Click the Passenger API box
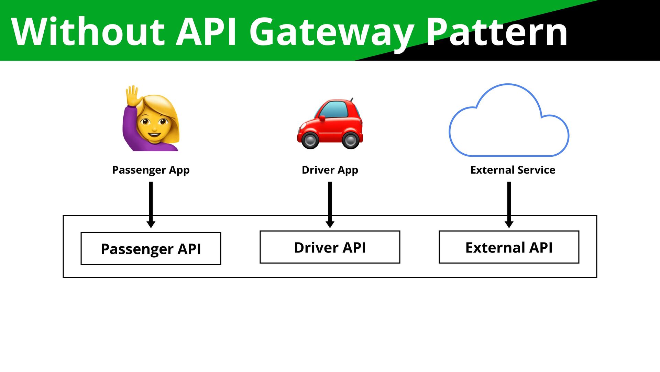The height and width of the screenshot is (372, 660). click(x=151, y=248)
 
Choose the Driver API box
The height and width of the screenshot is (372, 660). click(x=330, y=247)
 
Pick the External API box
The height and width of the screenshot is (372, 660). click(x=509, y=247)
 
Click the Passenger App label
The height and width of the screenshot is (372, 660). click(x=151, y=170)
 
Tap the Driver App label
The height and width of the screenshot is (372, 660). click(x=330, y=170)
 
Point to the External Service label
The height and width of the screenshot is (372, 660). click(x=513, y=170)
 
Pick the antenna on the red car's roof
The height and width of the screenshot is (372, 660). click(x=351, y=100)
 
